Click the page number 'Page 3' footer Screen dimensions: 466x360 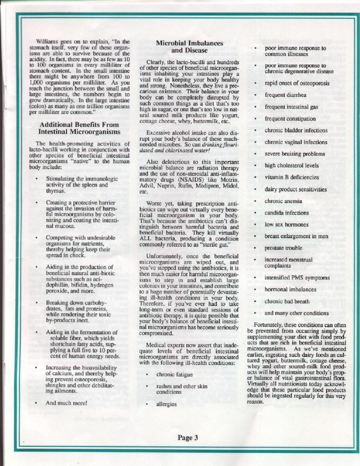tap(188, 438)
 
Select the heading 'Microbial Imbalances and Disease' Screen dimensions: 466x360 tap(190, 47)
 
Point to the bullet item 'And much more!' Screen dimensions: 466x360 tap(66, 403)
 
